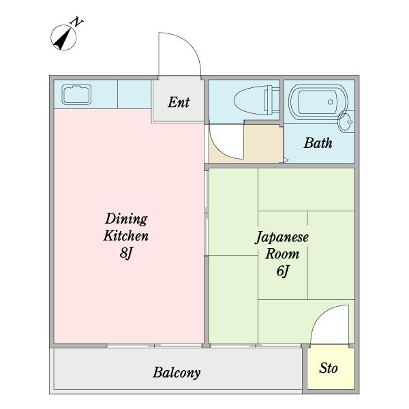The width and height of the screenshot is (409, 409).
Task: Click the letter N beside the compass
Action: tap(76, 22)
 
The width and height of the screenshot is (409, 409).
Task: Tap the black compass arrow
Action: tap(63, 39)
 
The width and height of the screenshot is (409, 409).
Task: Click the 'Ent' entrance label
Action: tap(179, 102)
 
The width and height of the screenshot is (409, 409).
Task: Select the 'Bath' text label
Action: tap(318, 143)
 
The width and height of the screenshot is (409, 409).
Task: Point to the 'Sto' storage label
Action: tap(329, 368)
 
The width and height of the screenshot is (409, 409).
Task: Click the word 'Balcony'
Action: tap(177, 373)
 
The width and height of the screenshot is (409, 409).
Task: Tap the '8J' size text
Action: tap(127, 252)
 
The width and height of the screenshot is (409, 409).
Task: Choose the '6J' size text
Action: tap(283, 271)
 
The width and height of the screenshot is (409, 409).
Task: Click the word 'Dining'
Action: tap(126, 219)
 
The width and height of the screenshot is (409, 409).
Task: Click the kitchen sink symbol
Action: tap(76, 94)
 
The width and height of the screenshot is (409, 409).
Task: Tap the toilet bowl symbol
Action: tap(257, 100)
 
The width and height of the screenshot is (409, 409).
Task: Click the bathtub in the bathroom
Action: tap(318, 102)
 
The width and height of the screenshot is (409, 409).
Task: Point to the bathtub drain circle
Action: tap(330, 102)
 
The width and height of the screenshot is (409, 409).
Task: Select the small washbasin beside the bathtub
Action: tap(346, 121)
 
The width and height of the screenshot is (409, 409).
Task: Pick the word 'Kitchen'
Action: tap(126, 236)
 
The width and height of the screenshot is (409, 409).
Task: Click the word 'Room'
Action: tap(282, 254)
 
